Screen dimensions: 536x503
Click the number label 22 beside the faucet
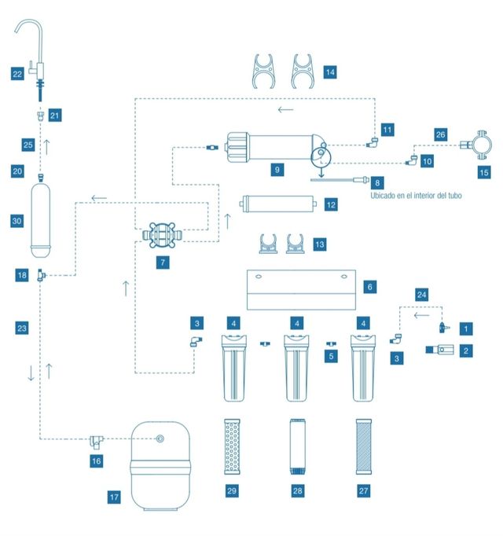(x=17, y=74)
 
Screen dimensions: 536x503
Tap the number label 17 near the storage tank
(x=114, y=496)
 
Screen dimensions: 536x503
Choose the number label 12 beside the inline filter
(x=331, y=204)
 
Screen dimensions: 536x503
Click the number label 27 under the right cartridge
(x=363, y=490)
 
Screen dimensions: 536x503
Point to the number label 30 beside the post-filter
(x=17, y=222)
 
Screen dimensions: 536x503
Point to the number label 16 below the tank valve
(x=96, y=461)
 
